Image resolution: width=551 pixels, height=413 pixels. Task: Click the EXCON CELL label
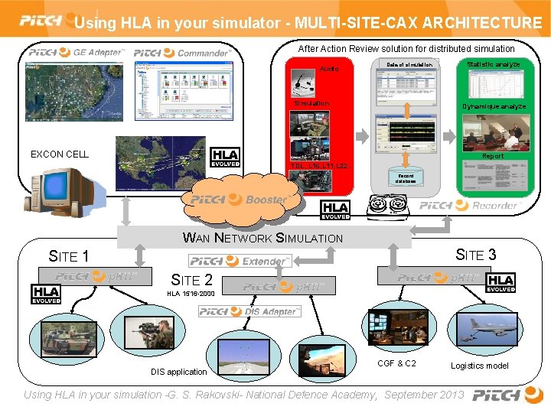tap(59, 154)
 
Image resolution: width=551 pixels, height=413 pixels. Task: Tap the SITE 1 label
tap(69, 255)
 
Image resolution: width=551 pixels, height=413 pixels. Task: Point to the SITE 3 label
tap(476, 255)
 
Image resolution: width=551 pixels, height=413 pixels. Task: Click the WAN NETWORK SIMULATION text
tap(263, 238)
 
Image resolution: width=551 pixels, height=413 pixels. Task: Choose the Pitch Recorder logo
tap(458, 205)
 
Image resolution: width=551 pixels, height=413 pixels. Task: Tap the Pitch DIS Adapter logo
tap(250, 311)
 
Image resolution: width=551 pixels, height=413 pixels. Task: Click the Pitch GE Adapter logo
tap(77, 53)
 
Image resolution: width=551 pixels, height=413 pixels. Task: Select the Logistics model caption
tap(479, 366)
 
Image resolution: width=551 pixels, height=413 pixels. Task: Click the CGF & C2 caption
tap(397, 363)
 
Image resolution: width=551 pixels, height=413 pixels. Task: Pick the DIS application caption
tap(178, 372)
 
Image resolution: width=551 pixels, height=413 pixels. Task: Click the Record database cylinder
tap(405, 178)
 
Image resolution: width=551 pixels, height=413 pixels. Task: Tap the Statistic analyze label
tap(493, 64)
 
